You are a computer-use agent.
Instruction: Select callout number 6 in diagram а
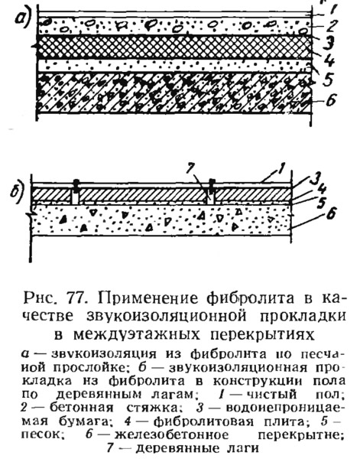[x=330, y=100]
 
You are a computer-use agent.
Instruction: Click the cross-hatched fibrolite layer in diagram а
[x=174, y=47]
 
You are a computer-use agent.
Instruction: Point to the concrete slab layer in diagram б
[x=161, y=220]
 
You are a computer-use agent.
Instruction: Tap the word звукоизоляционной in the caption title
[x=167, y=316]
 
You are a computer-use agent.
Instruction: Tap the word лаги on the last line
[x=243, y=448]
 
